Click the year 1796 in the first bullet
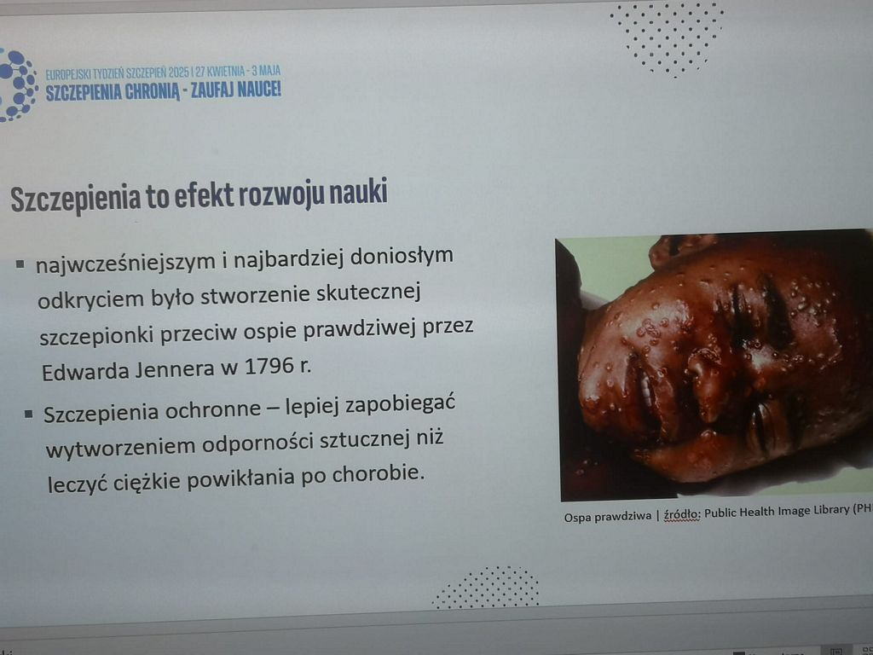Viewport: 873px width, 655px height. (x=269, y=367)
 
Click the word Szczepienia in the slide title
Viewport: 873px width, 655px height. (x=76, y=198)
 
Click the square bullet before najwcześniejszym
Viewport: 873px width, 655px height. (x=20, y=264)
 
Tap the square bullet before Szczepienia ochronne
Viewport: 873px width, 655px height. (x=29, y=414)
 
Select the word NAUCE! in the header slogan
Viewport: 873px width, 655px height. (x=259, y=89)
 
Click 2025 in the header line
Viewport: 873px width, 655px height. (x=179, y=72)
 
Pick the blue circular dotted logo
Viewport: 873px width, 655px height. (x=17, y=84)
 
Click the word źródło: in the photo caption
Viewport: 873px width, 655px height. (x=682, y=514)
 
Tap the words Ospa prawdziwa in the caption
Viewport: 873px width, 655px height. (x=607, y=517)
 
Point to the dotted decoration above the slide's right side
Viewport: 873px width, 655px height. (x=667, y=38)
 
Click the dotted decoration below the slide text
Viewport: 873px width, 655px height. (x=486, y=587)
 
